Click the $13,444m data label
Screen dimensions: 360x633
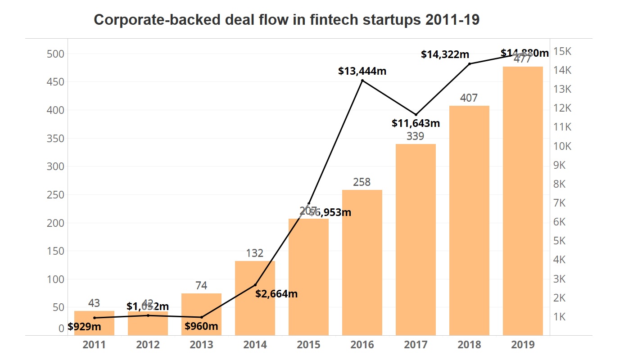click(x=362, y=71)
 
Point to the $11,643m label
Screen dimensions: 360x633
click(x=416, y=123)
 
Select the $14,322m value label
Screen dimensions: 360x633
click(x=445, y=54)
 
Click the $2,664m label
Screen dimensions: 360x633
click(x=276, y=294)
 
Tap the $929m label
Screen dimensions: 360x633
click(x=84, y=327)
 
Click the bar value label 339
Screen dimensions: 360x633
click(x=416, y=136)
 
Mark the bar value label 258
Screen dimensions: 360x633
click(x=362, y=182)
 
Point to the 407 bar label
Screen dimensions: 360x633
click(x=469, y=98)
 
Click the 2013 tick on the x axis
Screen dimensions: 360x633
click(x=201, y=345)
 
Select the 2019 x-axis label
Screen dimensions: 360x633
click(x=523, y=345)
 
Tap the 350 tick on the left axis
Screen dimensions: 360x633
click(x=55, y=139)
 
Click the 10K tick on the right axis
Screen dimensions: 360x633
click(x=562, y=146)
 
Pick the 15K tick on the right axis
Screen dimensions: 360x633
click(x=562, y=51)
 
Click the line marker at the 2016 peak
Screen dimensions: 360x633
click(x=362, y=81)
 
